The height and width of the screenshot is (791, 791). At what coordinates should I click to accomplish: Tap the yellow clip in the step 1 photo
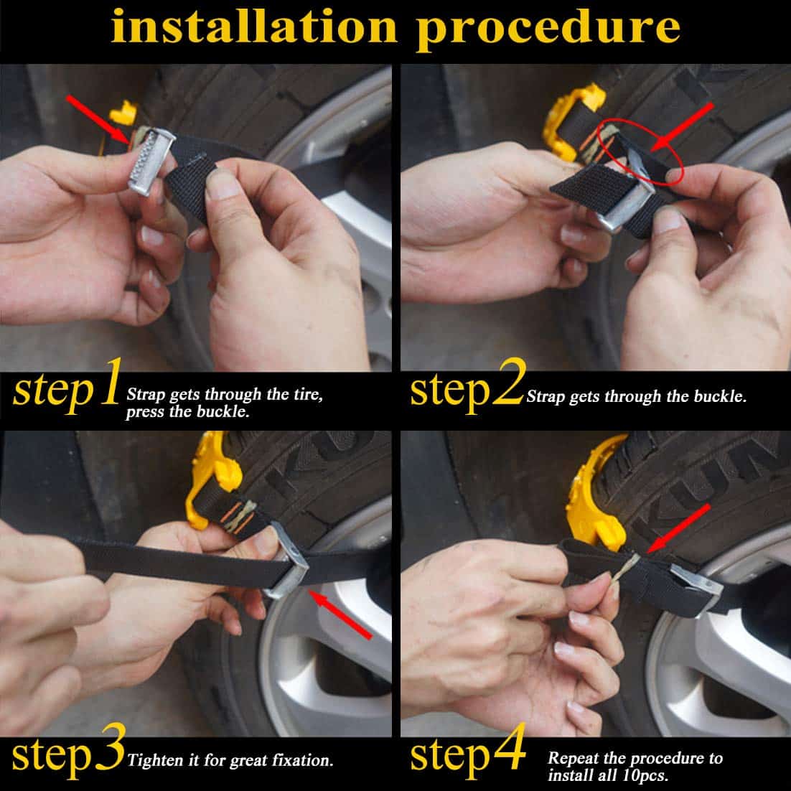click(x=122, y=113)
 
